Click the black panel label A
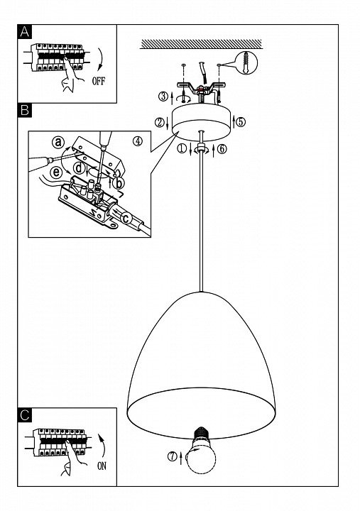click(x=24, y=32)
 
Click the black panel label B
click(x=24, y=110)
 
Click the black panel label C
click(x=24, y=415)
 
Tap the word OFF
click(x=99, y=80)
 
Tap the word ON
click(x=102, y=466)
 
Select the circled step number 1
click(x=182, y=148)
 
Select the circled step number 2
click(x=160, y=122)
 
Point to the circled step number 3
click(x=163, y=96)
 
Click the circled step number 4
click(x=138, y=141)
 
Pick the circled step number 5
click(x=241, y=121)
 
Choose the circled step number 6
click(x=222, y=149)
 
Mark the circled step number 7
click(x=173, y=456)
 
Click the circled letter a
click(x=58, y=143)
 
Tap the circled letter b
click(x=119, y=183)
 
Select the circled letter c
click(x=126, y=218)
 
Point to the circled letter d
click(x=79, y=168)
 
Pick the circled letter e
click(x=56, y=172)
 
